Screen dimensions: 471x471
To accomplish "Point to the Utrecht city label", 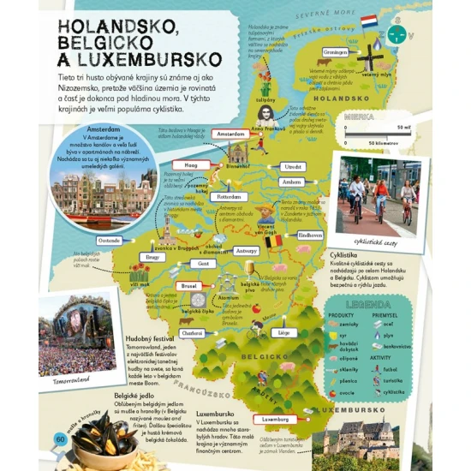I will click(x=293, y=166).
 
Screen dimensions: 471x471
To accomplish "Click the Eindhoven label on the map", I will click(x=309, y=234).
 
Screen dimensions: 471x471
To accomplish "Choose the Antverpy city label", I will click(x=246, y=251).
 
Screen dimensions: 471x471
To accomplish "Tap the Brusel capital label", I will click(x=190, y=285).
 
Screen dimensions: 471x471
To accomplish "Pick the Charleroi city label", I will click(x=193, y=332).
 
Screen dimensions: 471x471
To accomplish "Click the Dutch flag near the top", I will click(x=369, y=21).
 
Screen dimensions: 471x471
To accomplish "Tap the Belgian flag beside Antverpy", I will click(x=273, y=242).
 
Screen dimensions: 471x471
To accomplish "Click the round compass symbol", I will click(x=396, y=33).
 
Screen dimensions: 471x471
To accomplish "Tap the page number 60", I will click(x=60, y=438).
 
